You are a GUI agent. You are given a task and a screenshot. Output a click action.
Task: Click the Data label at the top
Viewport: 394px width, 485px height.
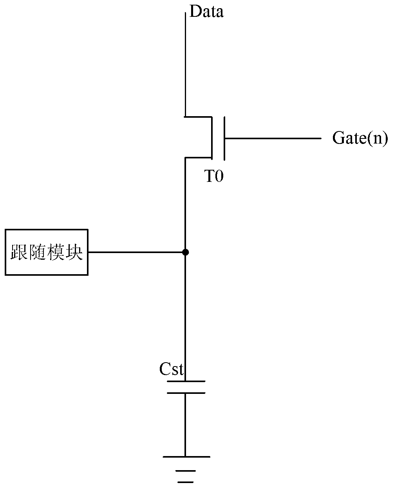[x=206, y=11]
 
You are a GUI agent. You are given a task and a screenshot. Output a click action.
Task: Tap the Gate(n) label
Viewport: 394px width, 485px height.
[x=360, y=138]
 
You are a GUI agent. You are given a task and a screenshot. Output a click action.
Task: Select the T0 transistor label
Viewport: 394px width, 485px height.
[x=213, y=176]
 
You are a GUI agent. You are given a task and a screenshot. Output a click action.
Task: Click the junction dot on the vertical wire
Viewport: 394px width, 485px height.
[x=185, y=252]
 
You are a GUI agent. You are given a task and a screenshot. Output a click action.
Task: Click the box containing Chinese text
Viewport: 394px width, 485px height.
[x=47, y=252]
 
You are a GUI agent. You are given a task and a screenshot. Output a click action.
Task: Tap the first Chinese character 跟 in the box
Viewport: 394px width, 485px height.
[x=19, y=252]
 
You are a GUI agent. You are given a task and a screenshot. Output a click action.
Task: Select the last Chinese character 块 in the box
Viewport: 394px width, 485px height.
[x=74, y=252]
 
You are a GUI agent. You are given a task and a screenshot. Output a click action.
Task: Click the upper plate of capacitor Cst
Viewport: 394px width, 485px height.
[x=186, y=381]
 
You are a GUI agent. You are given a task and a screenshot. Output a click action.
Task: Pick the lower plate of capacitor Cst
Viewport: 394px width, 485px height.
[x=186, y=393]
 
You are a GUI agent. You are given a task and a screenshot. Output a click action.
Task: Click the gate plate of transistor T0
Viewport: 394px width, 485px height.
[x=224, y=138]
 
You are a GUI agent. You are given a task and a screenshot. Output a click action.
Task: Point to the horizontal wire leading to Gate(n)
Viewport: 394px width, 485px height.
[x=273, y=138]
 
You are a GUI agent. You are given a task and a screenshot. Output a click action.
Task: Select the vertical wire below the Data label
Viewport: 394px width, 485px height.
[x=185, y=64]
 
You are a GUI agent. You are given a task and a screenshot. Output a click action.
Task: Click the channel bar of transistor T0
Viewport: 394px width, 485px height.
[x=212, y=138]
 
